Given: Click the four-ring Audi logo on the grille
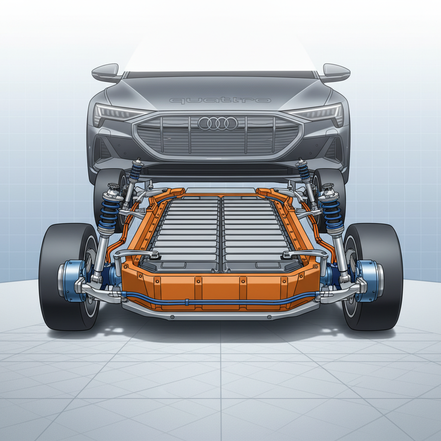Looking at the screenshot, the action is (x=218, y=124).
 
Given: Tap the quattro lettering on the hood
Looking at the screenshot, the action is (x=220, y=100).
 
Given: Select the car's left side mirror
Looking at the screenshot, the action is (x=106, y=72).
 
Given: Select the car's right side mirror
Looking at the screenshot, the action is (x=336, y=72).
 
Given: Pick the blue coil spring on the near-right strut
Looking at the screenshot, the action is (x=332, y=213).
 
